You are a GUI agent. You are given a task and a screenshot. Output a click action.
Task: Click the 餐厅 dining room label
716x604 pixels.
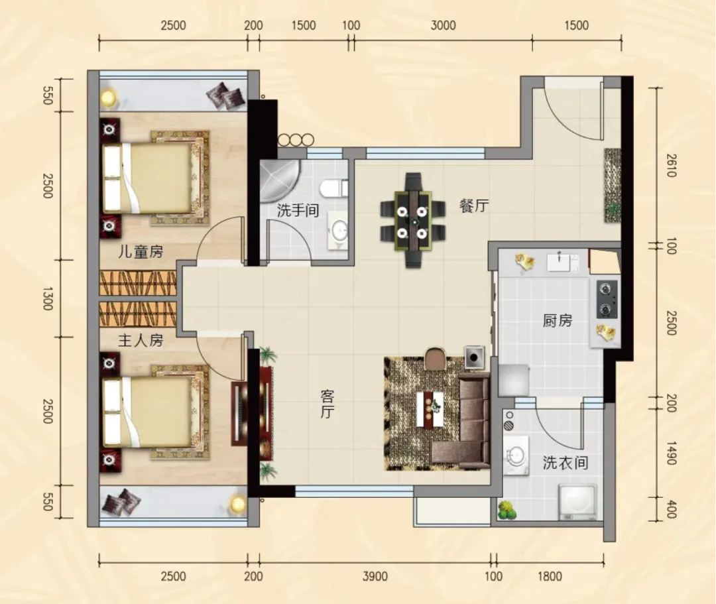pos(474,206)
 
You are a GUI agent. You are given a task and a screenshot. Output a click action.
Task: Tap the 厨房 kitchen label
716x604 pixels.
pos(557,320)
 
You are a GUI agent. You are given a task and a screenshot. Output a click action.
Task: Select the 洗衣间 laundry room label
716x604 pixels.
pos(566,463)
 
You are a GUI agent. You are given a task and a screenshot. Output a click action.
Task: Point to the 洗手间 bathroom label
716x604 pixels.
pos(298,210)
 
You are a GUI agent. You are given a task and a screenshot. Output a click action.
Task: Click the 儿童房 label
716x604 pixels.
pos(141,251)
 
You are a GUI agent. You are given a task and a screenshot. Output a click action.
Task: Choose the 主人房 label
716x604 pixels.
pos(141,340)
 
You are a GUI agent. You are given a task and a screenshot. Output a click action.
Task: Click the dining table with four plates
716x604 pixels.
pos(413,221)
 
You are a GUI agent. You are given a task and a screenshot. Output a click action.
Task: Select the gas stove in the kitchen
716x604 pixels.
pos(607,299)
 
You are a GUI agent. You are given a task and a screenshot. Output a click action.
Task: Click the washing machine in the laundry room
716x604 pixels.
pos(577,502)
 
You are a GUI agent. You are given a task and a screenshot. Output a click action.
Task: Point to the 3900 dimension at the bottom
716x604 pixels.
pos(375,576)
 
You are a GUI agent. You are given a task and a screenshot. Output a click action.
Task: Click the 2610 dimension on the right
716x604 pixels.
pos(671,165)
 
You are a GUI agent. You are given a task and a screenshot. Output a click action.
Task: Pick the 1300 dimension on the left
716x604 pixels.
pos(48,298)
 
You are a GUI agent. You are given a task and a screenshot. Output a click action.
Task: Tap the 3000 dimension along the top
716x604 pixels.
pos(443,25)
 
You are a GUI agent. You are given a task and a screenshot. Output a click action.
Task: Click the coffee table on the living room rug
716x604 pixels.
pos(430,408)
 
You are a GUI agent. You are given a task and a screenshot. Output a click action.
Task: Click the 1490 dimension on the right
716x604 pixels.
pos(671,453)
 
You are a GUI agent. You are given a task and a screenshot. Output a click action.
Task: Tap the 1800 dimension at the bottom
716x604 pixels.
pos(550,576)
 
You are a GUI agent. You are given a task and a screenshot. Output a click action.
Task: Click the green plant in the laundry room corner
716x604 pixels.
pos(507,511)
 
